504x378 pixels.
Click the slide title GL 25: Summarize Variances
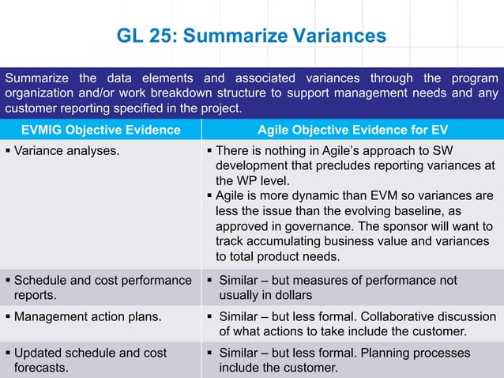[x=251, y=36]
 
